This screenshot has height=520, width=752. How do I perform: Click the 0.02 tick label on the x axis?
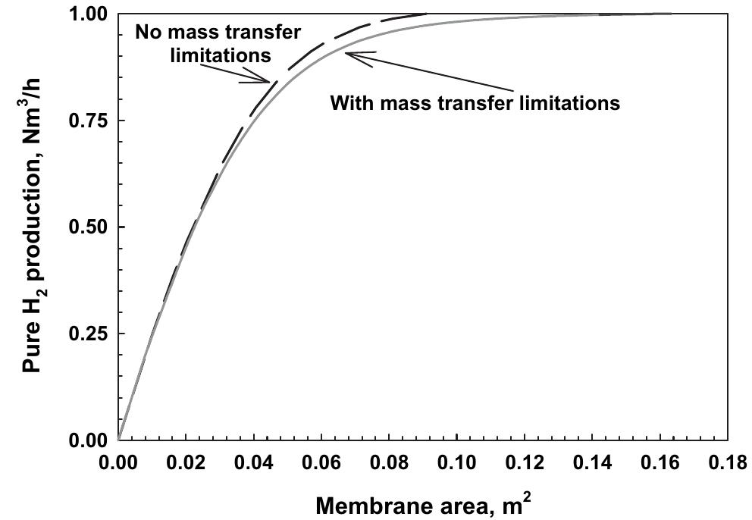(186, 460)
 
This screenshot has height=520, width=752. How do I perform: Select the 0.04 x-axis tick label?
(253, 460)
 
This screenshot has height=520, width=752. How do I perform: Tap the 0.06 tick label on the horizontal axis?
(321, 460)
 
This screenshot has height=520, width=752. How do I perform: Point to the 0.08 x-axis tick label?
(389, 460)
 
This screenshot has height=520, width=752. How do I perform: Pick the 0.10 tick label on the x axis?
(457, 460)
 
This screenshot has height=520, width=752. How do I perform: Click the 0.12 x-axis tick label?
(525, 460)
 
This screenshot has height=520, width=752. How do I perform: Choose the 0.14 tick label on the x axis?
(593, 460)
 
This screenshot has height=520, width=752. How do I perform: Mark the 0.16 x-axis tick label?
(660, 460)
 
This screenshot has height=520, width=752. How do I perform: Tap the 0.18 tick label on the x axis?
(726, 460)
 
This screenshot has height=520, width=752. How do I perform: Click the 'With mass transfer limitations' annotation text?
(475, 102)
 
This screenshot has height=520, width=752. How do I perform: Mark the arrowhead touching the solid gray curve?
(350, 54)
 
